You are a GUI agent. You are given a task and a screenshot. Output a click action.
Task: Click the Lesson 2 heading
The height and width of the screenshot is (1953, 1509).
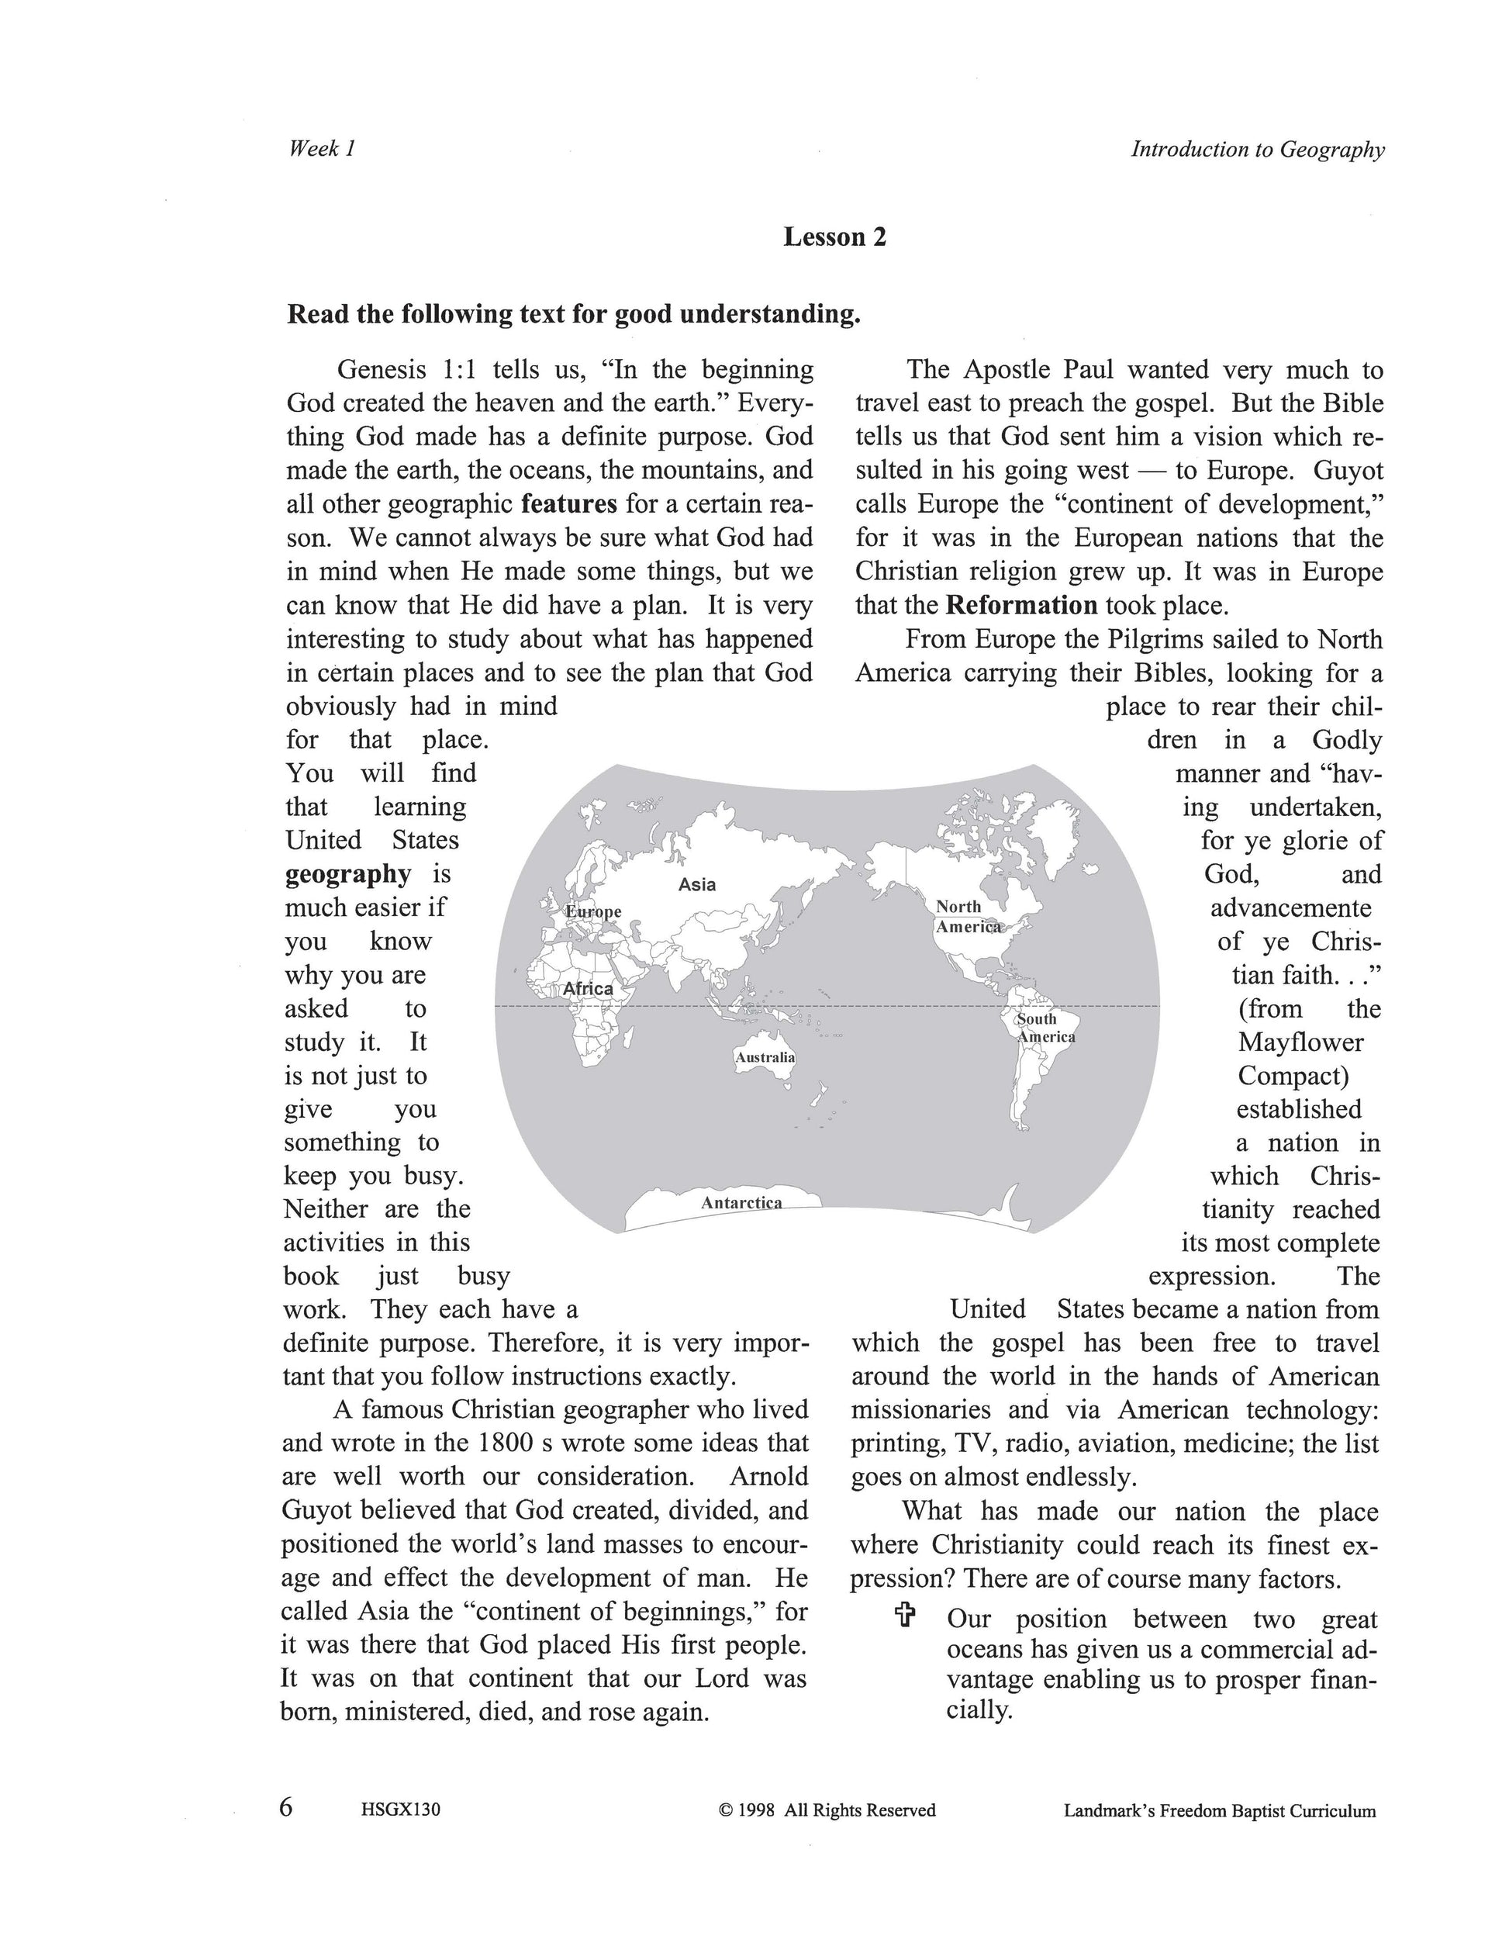pyautogui.click(x=834, y=237)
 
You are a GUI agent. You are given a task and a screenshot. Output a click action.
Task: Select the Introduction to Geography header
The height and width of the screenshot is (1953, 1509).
pyautogui.click(x=1257, y=150)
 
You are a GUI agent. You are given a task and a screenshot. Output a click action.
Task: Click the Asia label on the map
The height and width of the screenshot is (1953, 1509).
pyautogui.click(x=696, y=884)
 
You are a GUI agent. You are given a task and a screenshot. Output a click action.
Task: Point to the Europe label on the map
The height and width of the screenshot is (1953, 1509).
pyautogui.click(x=593, y=911)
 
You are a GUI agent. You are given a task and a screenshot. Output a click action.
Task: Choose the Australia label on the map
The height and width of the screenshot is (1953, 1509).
pyautogui.click(x=765, y=1057)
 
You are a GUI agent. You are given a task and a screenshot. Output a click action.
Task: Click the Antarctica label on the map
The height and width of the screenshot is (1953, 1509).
pyautogui.click(x=741, y=1203)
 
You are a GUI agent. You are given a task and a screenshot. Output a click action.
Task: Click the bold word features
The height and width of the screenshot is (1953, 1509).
pyautogui.click(x=568, y=504)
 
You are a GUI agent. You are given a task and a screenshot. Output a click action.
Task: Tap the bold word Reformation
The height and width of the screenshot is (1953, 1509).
pyautogui.click(x=1021, y=606)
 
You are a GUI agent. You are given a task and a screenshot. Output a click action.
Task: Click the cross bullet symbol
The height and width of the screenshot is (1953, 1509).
pyautogui.click(x=905, y=1614)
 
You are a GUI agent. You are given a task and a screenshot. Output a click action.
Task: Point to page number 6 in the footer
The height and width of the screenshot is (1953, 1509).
pyautogui.click(x=286, y=1807)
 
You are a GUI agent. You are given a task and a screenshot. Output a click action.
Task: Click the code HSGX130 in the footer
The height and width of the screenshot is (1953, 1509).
pyautogui.click(x=400, y=1810)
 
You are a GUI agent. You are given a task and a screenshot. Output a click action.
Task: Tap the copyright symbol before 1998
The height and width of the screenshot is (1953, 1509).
pyautogui.click(x=725, y=1811)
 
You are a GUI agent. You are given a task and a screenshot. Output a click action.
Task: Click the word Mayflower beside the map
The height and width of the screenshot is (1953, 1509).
pyautogui.click(x=1300, y=1042)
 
